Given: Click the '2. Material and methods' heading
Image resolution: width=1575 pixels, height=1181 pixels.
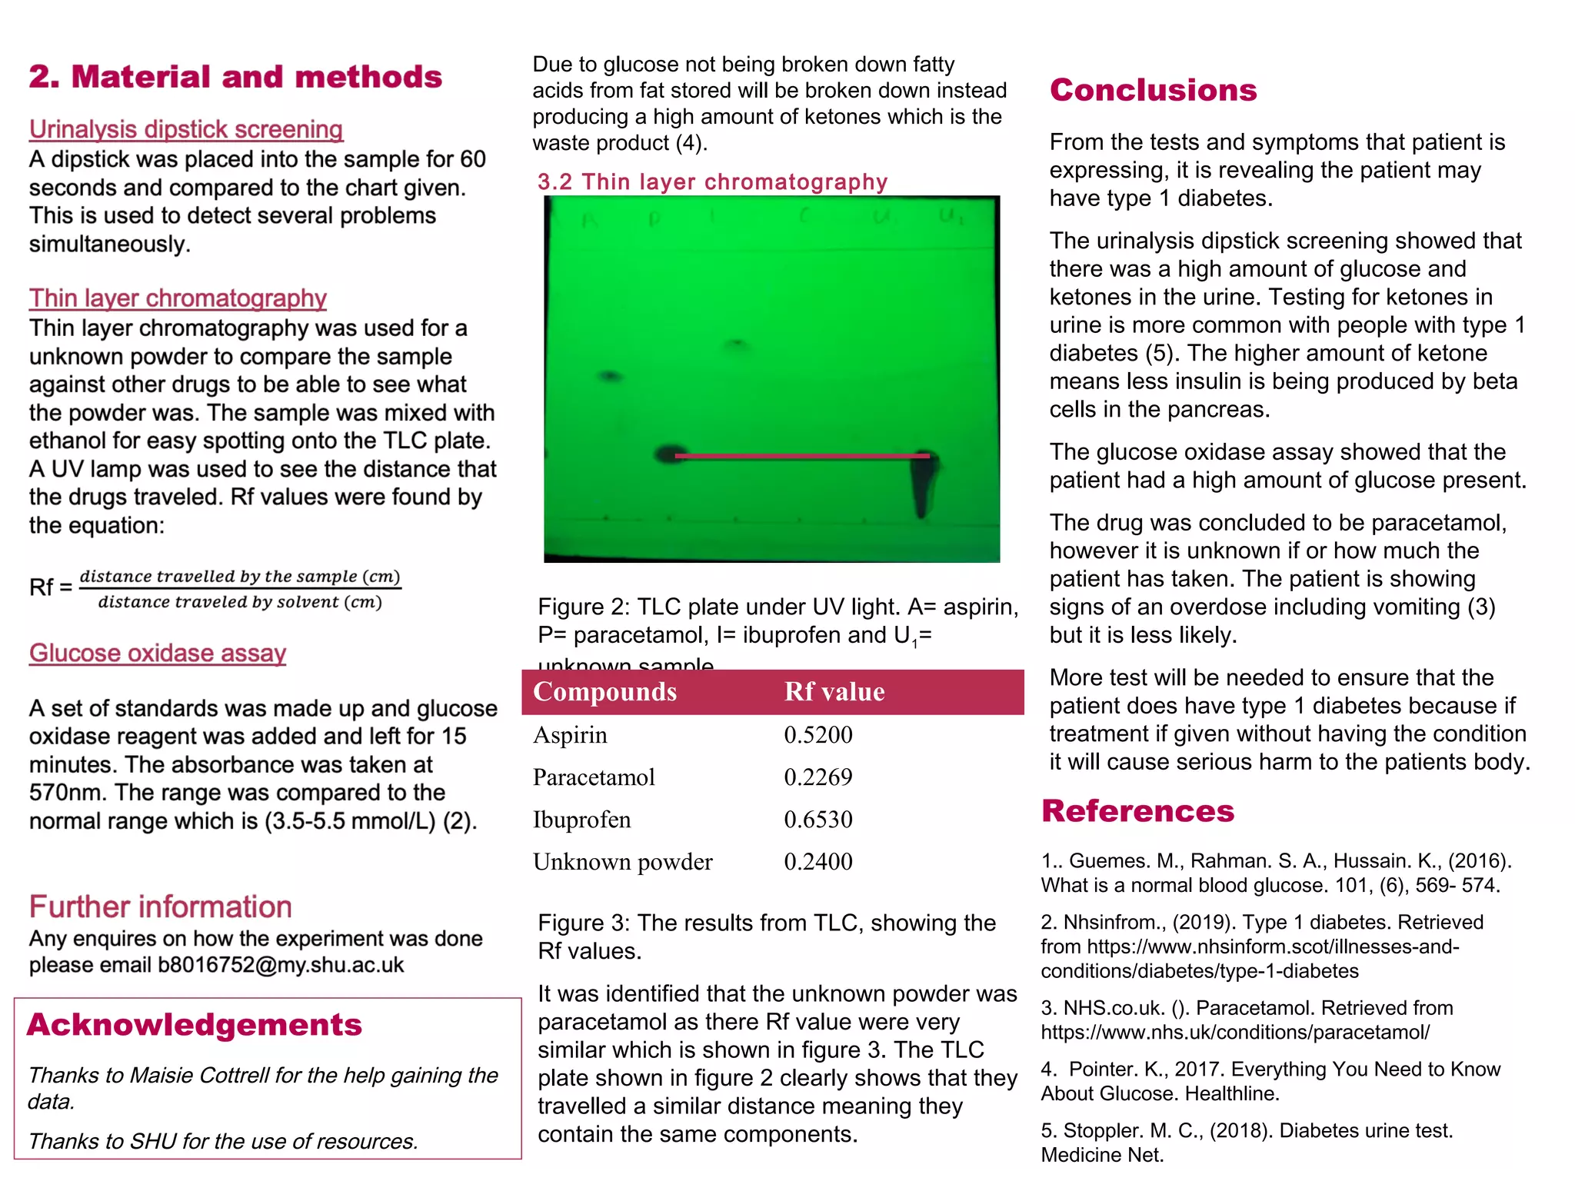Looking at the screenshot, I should tap(235, 77).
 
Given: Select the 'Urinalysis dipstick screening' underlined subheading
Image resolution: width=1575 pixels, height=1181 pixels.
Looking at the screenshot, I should tap(186, 129).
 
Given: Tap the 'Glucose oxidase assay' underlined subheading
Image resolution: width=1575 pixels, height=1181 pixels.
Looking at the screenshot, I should tap(158, 653).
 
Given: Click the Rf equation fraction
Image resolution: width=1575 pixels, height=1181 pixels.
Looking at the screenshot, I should tap(240, 589).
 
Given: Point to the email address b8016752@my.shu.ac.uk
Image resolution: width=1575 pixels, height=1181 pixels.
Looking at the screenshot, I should tap(281, 965).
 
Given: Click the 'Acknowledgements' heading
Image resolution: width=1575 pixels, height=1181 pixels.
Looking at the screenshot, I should tap(194, 1025).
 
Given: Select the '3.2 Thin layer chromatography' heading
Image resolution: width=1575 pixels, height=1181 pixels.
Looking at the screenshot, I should tap(712, 181).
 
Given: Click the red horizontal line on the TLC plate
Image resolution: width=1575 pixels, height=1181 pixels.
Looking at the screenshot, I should tap(800, 456).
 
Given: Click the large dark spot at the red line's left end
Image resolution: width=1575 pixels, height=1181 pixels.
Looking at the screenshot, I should tap(670, 454).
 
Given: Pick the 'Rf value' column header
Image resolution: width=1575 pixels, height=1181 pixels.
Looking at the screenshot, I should tap(834, 692).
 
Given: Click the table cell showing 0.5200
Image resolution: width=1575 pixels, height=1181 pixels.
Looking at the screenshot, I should tap(818, 735).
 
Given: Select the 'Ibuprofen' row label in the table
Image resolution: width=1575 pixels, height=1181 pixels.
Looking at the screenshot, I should tap(581, 820).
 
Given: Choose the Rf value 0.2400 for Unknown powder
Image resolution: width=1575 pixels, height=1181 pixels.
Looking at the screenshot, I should tap(818, 862).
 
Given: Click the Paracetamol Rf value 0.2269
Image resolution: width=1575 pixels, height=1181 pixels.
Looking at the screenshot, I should tap(818, 777).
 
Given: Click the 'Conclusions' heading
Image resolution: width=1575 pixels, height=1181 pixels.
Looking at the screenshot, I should tap(1153, 90).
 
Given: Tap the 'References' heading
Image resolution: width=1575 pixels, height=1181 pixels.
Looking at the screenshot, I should tap(1137, 811).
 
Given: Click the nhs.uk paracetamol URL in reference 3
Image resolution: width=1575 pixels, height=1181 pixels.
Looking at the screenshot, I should tap(1235, 1033).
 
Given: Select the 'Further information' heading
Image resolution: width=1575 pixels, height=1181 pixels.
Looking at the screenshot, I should tap(161, 907).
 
